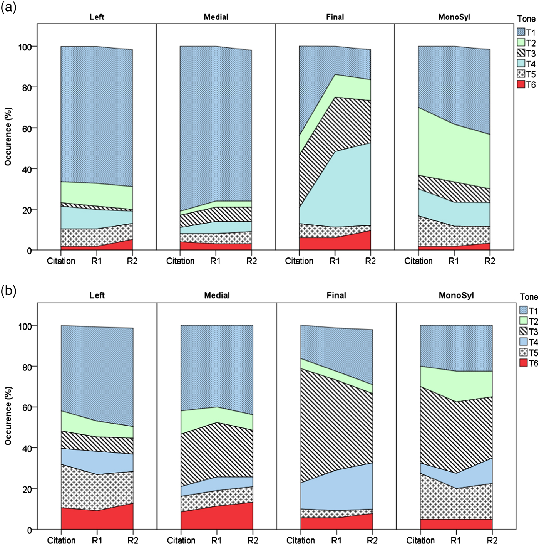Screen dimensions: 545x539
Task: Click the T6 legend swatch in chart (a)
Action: click(x=521, y=85)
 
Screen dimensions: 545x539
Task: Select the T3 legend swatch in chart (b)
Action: click(x=523, y=331)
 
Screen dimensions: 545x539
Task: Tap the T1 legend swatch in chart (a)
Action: click(x=521, y=32)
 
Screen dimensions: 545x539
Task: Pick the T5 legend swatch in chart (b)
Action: click(x=523, y=353)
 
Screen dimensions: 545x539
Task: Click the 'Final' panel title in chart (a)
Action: click(x=335, y=17)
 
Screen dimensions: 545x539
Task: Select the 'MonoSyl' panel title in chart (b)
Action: click(x=456, y=296)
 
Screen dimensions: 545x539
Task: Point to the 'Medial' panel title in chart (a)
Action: click(x=216, y=17)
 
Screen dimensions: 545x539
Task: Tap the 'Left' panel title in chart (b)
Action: click(x=97, y=296)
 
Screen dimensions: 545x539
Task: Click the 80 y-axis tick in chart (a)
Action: click(x=25, y=87)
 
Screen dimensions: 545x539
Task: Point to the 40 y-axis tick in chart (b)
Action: click(x=25, y=448)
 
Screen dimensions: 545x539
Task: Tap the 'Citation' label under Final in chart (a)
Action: click(x=299, y=261)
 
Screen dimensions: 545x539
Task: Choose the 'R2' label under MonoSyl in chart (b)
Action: click(x=492, y=540)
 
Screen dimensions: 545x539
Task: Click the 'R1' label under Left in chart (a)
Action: click(x=97, y=261)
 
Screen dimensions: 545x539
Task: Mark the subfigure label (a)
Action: click(x=8, y=8)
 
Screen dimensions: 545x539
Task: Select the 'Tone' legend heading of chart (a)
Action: click(x=526, y=19)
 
